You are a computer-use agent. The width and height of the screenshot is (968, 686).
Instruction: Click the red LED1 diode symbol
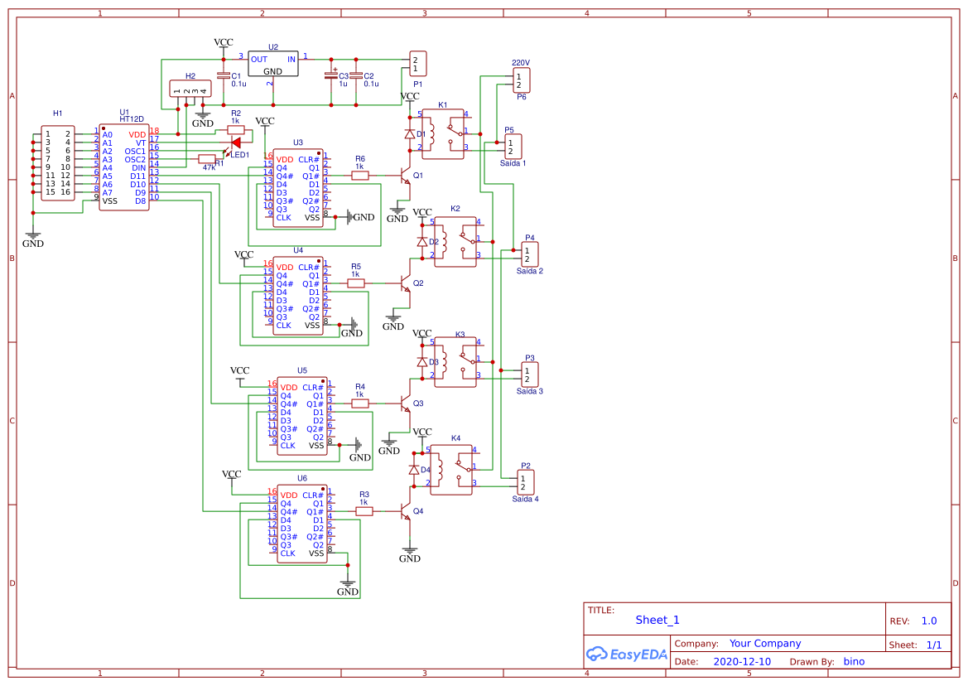tap(236, 143)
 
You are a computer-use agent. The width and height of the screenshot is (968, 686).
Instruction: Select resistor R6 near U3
tap(360, 175)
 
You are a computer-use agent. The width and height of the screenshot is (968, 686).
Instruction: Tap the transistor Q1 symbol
tap(404, 176)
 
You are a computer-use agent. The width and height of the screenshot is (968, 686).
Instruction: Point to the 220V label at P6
tap(520, 63)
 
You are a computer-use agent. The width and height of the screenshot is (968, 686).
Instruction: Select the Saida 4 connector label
tap(525, 499)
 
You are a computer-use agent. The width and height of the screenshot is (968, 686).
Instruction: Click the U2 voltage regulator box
tap(272, 65)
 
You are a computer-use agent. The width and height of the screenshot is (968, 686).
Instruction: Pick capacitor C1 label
tap(236, 75)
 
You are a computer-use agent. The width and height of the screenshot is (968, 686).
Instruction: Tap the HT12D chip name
tap(131, 119)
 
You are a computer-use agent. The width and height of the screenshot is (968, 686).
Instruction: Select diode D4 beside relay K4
tap(413, 470)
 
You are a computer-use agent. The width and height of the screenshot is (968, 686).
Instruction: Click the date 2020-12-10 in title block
tap(741, 662)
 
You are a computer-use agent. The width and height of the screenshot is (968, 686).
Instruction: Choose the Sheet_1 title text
tap(657, 620)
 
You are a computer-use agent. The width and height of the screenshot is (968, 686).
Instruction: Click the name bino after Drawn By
tap(854, 662)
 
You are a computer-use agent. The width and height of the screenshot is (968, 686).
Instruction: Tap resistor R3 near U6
tap(364, 511)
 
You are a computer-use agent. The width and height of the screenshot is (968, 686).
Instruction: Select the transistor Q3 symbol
tap(405, 403)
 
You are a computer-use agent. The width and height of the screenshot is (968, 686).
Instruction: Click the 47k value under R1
tap(209, 167)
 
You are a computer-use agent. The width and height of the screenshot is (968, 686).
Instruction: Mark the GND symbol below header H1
tap(33, 237)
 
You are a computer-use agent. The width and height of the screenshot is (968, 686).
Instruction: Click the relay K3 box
tap(456, 362)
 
